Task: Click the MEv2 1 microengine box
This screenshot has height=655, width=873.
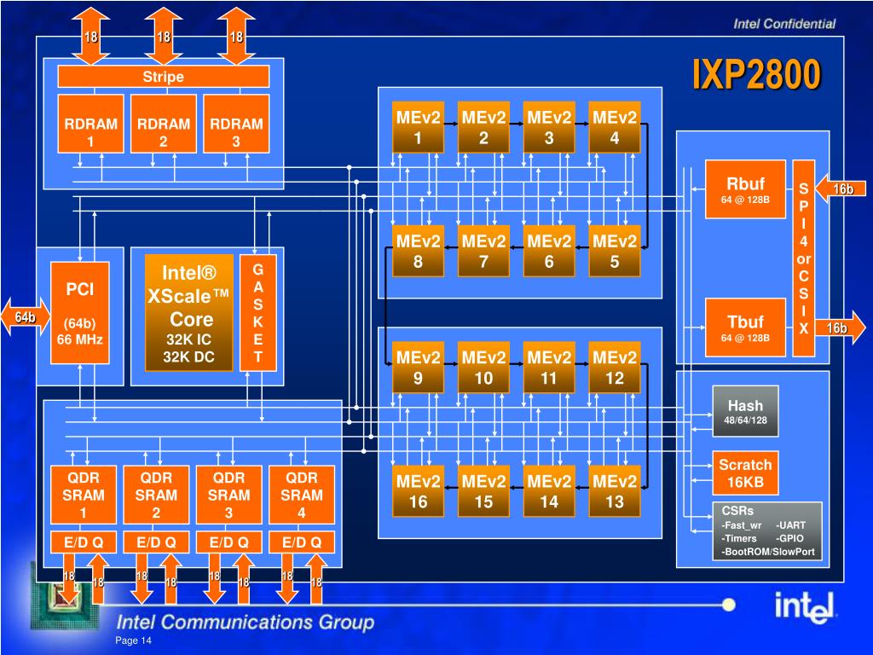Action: [x=418, y=127]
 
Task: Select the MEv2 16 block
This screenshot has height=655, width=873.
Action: [x=418, y=490]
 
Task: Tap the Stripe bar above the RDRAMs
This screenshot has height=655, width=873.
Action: [x=163, y=76]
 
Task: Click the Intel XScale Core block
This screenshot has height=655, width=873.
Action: [x=188, y=313]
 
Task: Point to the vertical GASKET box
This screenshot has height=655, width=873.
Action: [x=257, y=313]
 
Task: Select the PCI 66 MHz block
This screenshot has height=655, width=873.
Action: [x=79, y=313]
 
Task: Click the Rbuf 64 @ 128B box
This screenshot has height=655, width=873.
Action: [x=745, y=189]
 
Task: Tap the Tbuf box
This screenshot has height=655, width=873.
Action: [x=745, y=327]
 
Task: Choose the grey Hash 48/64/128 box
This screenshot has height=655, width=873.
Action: [x=745, y=411]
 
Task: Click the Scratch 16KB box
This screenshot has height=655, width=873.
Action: [x=745, y=472]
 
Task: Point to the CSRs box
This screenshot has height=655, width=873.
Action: [x=767, y=531]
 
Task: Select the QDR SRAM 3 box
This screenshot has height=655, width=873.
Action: [x=228, y=496]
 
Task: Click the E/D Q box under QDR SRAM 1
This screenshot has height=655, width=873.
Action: [x=84, y=542]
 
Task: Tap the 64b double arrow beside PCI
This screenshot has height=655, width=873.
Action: [x=26, y=317]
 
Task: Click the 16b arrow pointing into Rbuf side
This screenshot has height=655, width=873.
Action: [x=841, y=188]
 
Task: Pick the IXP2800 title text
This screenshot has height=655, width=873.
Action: [x=757, y=74]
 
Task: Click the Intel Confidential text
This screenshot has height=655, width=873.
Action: [x=784, y=23]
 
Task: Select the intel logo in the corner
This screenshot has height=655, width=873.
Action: [x=804, y=606]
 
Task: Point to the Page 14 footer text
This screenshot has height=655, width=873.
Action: [x=133, y=641]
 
